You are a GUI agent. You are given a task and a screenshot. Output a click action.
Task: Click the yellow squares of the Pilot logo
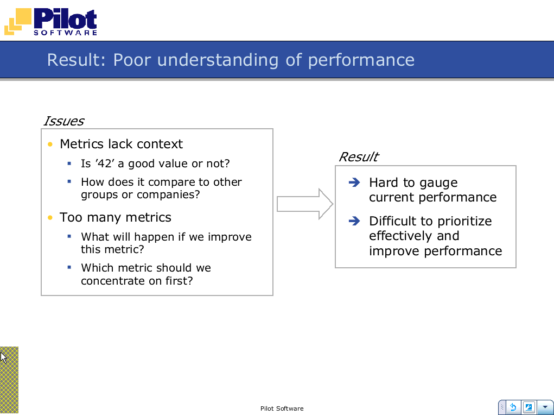[x=18, y=21]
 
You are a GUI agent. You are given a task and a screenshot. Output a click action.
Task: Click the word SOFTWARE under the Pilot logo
[x=65, y=33]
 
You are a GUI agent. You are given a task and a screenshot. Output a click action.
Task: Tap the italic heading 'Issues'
[x=63, y=121]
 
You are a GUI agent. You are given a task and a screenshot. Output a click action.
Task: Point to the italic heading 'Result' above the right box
[x=358, y=157]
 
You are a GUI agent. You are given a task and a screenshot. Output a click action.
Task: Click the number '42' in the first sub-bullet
[x=105, y=163]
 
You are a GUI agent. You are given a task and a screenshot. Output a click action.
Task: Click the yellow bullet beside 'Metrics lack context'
[x=50, y=144]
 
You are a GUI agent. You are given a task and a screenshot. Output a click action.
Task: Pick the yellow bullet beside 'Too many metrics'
[x=50, y=217]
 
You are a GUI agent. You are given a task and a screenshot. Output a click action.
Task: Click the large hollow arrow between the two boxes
[x=305, y=204]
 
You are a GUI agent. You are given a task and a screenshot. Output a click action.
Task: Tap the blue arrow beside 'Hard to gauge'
[x=354, y=182]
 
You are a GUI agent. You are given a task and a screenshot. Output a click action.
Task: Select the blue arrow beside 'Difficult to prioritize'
[x=354, y=221]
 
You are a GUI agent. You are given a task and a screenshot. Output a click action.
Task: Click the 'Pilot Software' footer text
[x=282, y=408]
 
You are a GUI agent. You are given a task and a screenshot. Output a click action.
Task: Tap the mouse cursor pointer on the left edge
[x=4, y=357]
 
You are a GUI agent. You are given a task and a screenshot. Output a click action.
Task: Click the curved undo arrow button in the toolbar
[x=513, y=407]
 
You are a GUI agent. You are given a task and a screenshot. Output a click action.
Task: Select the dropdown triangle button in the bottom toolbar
[x=545, y=407]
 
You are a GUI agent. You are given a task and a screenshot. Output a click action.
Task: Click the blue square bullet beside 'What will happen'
[x=69, y=236]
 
